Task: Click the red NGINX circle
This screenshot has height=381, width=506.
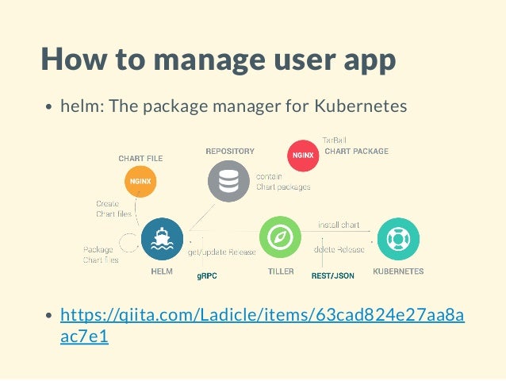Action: click(x=302, y=155)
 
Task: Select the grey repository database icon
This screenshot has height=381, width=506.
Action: click(x=228, y=181)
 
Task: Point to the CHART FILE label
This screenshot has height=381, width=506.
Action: click(x=140, y=159)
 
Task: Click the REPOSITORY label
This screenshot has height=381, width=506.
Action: click(x=229, y=150)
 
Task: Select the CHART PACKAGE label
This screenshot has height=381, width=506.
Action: click(x=357, y=151)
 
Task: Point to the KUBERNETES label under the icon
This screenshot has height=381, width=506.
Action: click(x=398, y=271)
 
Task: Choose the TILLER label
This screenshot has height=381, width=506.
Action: click(x=281, y=271)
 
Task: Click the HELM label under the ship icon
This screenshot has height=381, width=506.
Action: click(x=162, y=271)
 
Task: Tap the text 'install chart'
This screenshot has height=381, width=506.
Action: click(x=339, y=225)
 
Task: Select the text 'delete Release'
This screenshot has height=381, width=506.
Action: click(x=339, y=249)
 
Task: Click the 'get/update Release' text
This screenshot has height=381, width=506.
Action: click(x=221, y=252)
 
